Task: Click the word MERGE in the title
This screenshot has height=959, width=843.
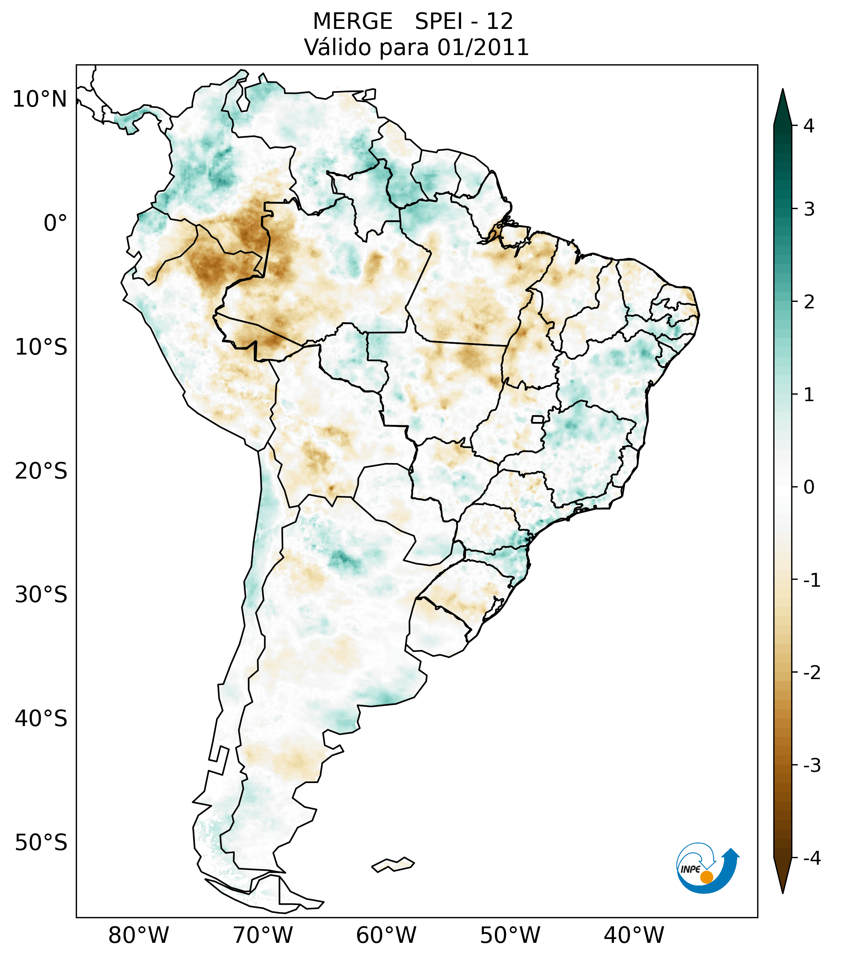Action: (x=352, y=22)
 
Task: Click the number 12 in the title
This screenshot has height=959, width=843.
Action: (x=499, y=22)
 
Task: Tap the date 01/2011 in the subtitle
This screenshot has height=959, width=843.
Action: (x=483, y=47)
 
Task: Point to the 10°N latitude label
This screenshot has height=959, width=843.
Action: (x=39, y=99)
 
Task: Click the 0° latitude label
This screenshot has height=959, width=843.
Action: (x=55, y=223)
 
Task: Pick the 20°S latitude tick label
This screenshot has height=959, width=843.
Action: (x=41, y=471)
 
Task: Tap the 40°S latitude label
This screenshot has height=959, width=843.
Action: (x=41, y=719)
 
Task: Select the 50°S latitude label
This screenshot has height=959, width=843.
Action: (x=41, y=843)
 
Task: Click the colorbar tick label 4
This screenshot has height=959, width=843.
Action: (x=809, y=126)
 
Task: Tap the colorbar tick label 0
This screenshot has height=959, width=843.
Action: (x=809, y=487)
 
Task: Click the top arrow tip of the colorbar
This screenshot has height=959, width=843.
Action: (x=782, y=90)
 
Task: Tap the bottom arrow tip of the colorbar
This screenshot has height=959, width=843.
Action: (x=783, y=892)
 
